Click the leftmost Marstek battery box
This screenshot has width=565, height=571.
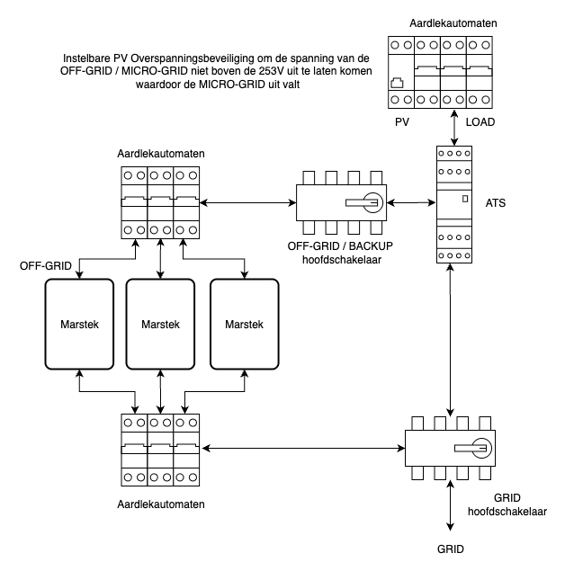tap(79, 324)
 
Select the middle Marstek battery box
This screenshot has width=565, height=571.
tap(160, 324)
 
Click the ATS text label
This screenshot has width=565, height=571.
tap(495, 203)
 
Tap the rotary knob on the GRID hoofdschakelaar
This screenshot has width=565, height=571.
tap(480, 448)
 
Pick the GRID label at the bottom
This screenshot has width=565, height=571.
tap(452, 548)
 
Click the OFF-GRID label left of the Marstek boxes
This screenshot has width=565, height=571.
tap(46, 267)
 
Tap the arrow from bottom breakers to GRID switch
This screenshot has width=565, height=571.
tap(302, 447)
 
